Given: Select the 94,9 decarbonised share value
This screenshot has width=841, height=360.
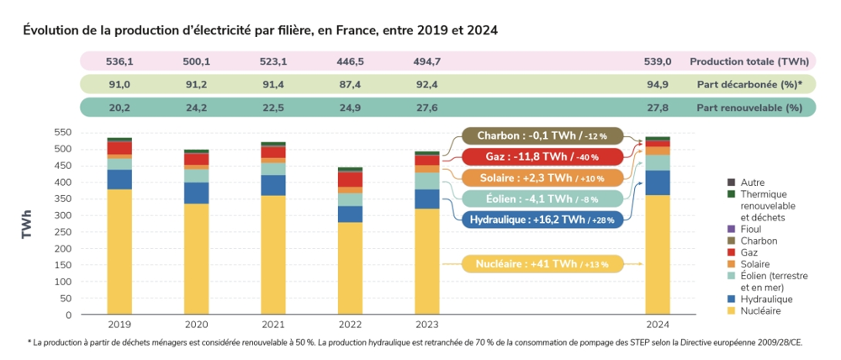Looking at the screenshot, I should coord(658,84).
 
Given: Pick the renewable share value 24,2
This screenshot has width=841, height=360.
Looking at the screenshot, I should coord(197,108).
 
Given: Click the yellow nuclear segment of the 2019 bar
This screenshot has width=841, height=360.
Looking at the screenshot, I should coord(119,251).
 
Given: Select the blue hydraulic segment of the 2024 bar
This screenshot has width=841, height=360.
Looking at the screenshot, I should coord(658,183).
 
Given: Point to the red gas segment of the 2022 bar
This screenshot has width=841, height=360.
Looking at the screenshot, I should coord(350,179).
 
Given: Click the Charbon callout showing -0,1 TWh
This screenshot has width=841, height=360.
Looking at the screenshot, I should coord(542,135).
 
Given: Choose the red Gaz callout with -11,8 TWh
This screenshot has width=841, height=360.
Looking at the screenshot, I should coord(542,156).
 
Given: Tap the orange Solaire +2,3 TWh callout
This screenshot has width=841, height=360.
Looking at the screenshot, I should coord(542,177).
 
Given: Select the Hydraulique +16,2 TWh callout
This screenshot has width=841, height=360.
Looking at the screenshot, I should coord(542,219).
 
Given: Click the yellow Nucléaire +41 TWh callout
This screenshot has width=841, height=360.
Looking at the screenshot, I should coord(542,263).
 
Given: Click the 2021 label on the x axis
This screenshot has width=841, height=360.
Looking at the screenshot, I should coord(273,324).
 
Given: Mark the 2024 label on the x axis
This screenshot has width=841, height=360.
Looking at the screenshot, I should coord(658,324).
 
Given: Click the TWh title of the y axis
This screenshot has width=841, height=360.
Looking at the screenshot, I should coord(27,225).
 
